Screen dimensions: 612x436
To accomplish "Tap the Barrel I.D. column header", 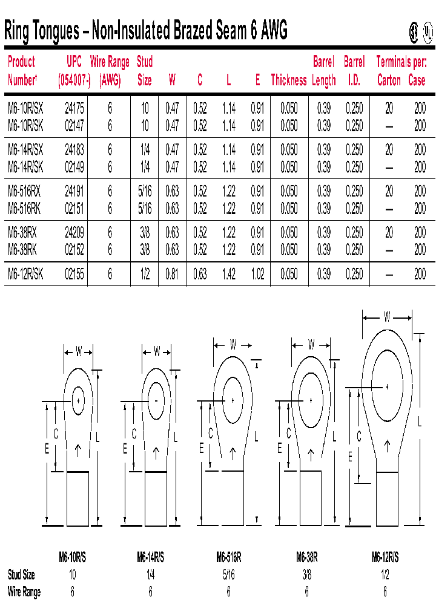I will click(354, 71).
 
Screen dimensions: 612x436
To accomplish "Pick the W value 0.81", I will click(173, 275).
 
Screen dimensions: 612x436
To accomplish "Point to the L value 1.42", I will click(228, 275).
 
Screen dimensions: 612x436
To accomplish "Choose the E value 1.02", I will click(257, 275).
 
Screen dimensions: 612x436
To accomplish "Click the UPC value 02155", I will click(74, 275).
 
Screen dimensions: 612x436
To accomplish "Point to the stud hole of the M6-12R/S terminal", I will click(387, 386).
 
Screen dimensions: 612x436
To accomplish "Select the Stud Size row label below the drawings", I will click(21, 575).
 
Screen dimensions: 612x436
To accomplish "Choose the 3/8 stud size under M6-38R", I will click(307, 575).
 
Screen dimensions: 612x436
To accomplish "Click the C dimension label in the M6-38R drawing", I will click(289, 434).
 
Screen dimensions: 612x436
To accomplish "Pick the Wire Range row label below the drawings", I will click(24, 592).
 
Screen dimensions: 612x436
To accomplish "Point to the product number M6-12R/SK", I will click(25, 275).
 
